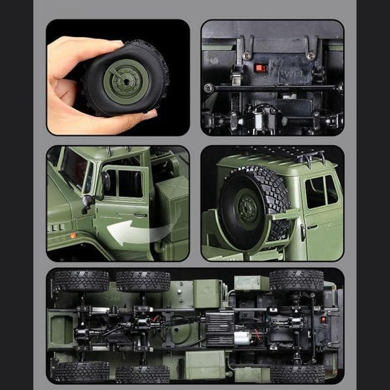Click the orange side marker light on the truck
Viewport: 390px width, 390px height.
tap(73, 235)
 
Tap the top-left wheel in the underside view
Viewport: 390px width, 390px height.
tap(81, 281)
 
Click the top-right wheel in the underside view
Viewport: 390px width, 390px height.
tap(296, 280)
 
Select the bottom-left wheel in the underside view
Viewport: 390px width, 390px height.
tap(81, 372)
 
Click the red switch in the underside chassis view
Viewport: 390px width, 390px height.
tap(323, 319)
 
